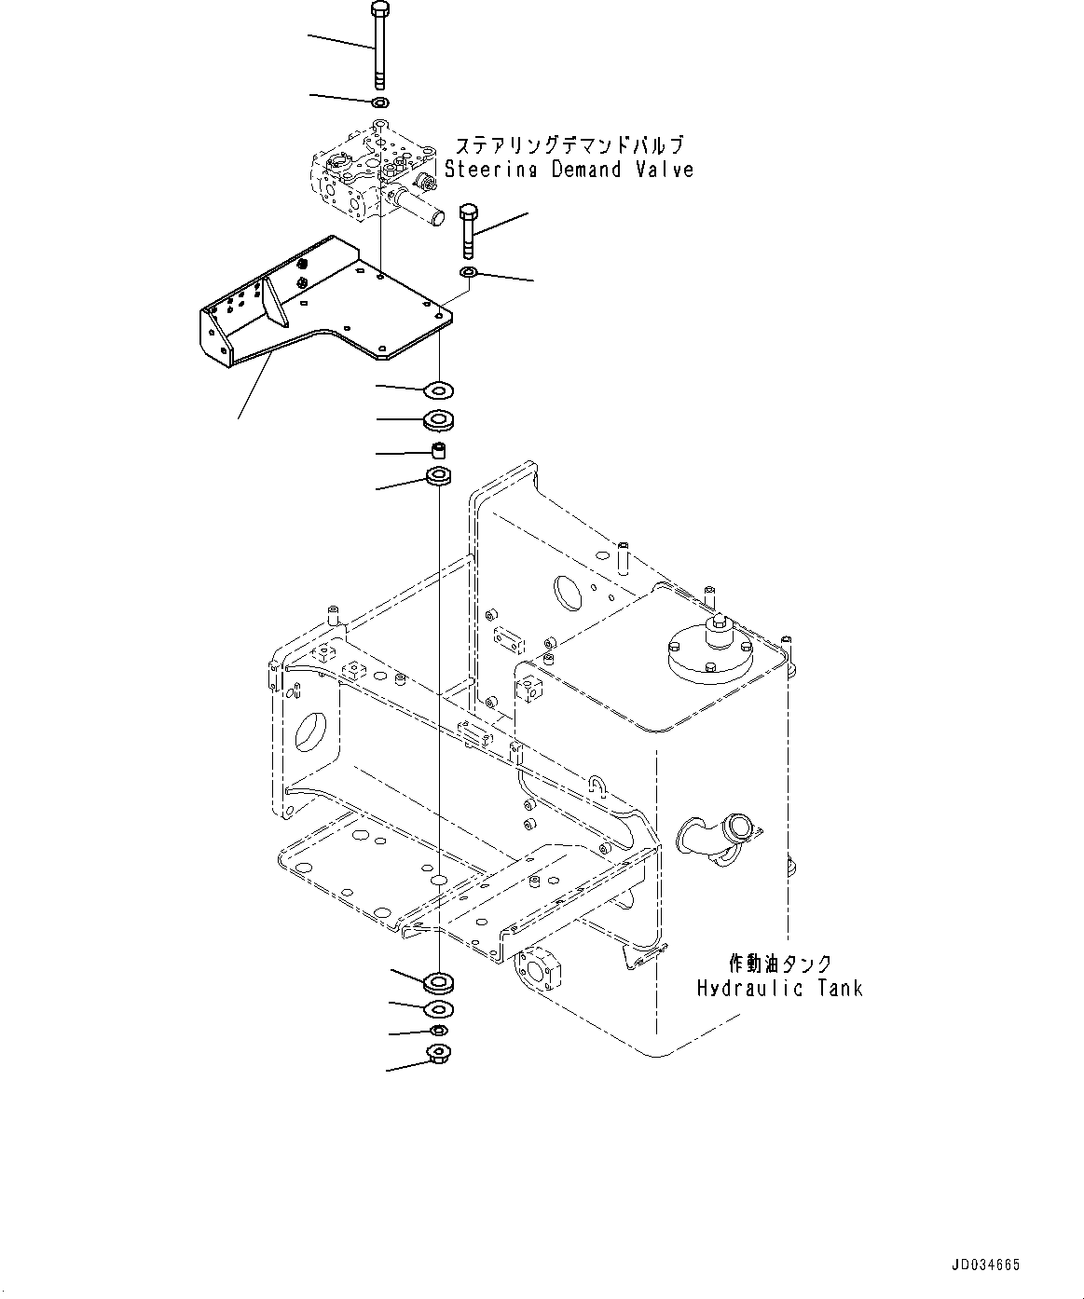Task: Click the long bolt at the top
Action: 379,47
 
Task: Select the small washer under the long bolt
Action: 379,102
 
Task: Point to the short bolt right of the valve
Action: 469,233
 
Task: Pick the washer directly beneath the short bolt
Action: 469,272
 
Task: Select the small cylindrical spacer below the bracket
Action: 438,451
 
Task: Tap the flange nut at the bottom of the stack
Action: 438,1054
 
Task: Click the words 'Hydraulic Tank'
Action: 779,988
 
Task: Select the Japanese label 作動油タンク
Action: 779,964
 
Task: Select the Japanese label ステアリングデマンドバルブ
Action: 569,145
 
